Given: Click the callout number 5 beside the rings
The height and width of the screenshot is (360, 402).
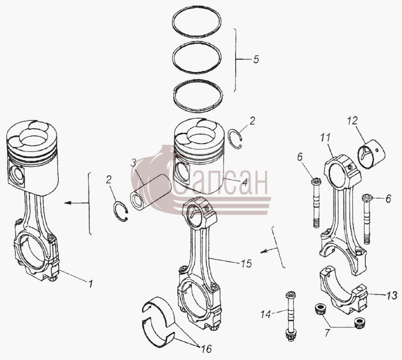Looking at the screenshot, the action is (256, 59).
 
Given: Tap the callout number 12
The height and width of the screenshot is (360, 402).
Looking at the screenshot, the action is (352, 120).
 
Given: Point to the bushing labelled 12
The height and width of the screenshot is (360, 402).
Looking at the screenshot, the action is (371, 154).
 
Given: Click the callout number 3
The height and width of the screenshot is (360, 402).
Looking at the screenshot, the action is (133, 163).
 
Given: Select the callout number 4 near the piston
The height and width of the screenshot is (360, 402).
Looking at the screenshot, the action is (245, 183).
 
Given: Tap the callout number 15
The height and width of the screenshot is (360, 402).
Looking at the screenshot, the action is (246, 263).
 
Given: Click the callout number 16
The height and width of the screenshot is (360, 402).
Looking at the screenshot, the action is (207, 349).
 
